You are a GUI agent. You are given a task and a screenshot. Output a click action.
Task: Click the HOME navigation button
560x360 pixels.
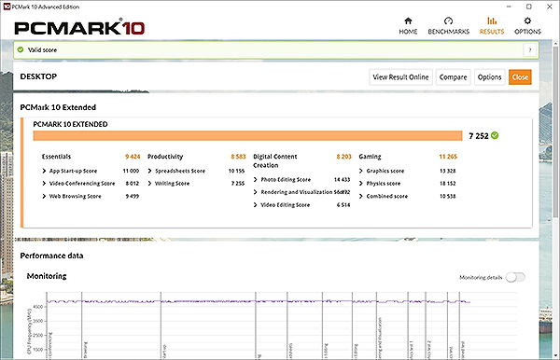point(408,25)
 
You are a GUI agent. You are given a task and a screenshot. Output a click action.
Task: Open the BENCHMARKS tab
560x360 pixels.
point(449,25)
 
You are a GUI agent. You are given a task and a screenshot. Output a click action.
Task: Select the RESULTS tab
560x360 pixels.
point(492,25)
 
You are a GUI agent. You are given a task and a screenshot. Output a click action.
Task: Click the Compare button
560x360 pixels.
point(453,76)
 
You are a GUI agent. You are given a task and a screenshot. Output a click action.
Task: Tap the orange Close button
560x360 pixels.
point(520,76)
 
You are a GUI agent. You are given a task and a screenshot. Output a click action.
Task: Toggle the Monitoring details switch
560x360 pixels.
point(515,277)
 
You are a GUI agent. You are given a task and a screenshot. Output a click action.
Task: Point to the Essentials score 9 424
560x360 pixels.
point(133,157)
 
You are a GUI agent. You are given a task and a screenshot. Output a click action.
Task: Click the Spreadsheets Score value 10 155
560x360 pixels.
point(234,172)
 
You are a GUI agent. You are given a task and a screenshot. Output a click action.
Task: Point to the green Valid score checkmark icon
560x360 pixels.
point(20,49)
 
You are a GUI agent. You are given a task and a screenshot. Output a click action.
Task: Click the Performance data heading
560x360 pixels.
point(51,254)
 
